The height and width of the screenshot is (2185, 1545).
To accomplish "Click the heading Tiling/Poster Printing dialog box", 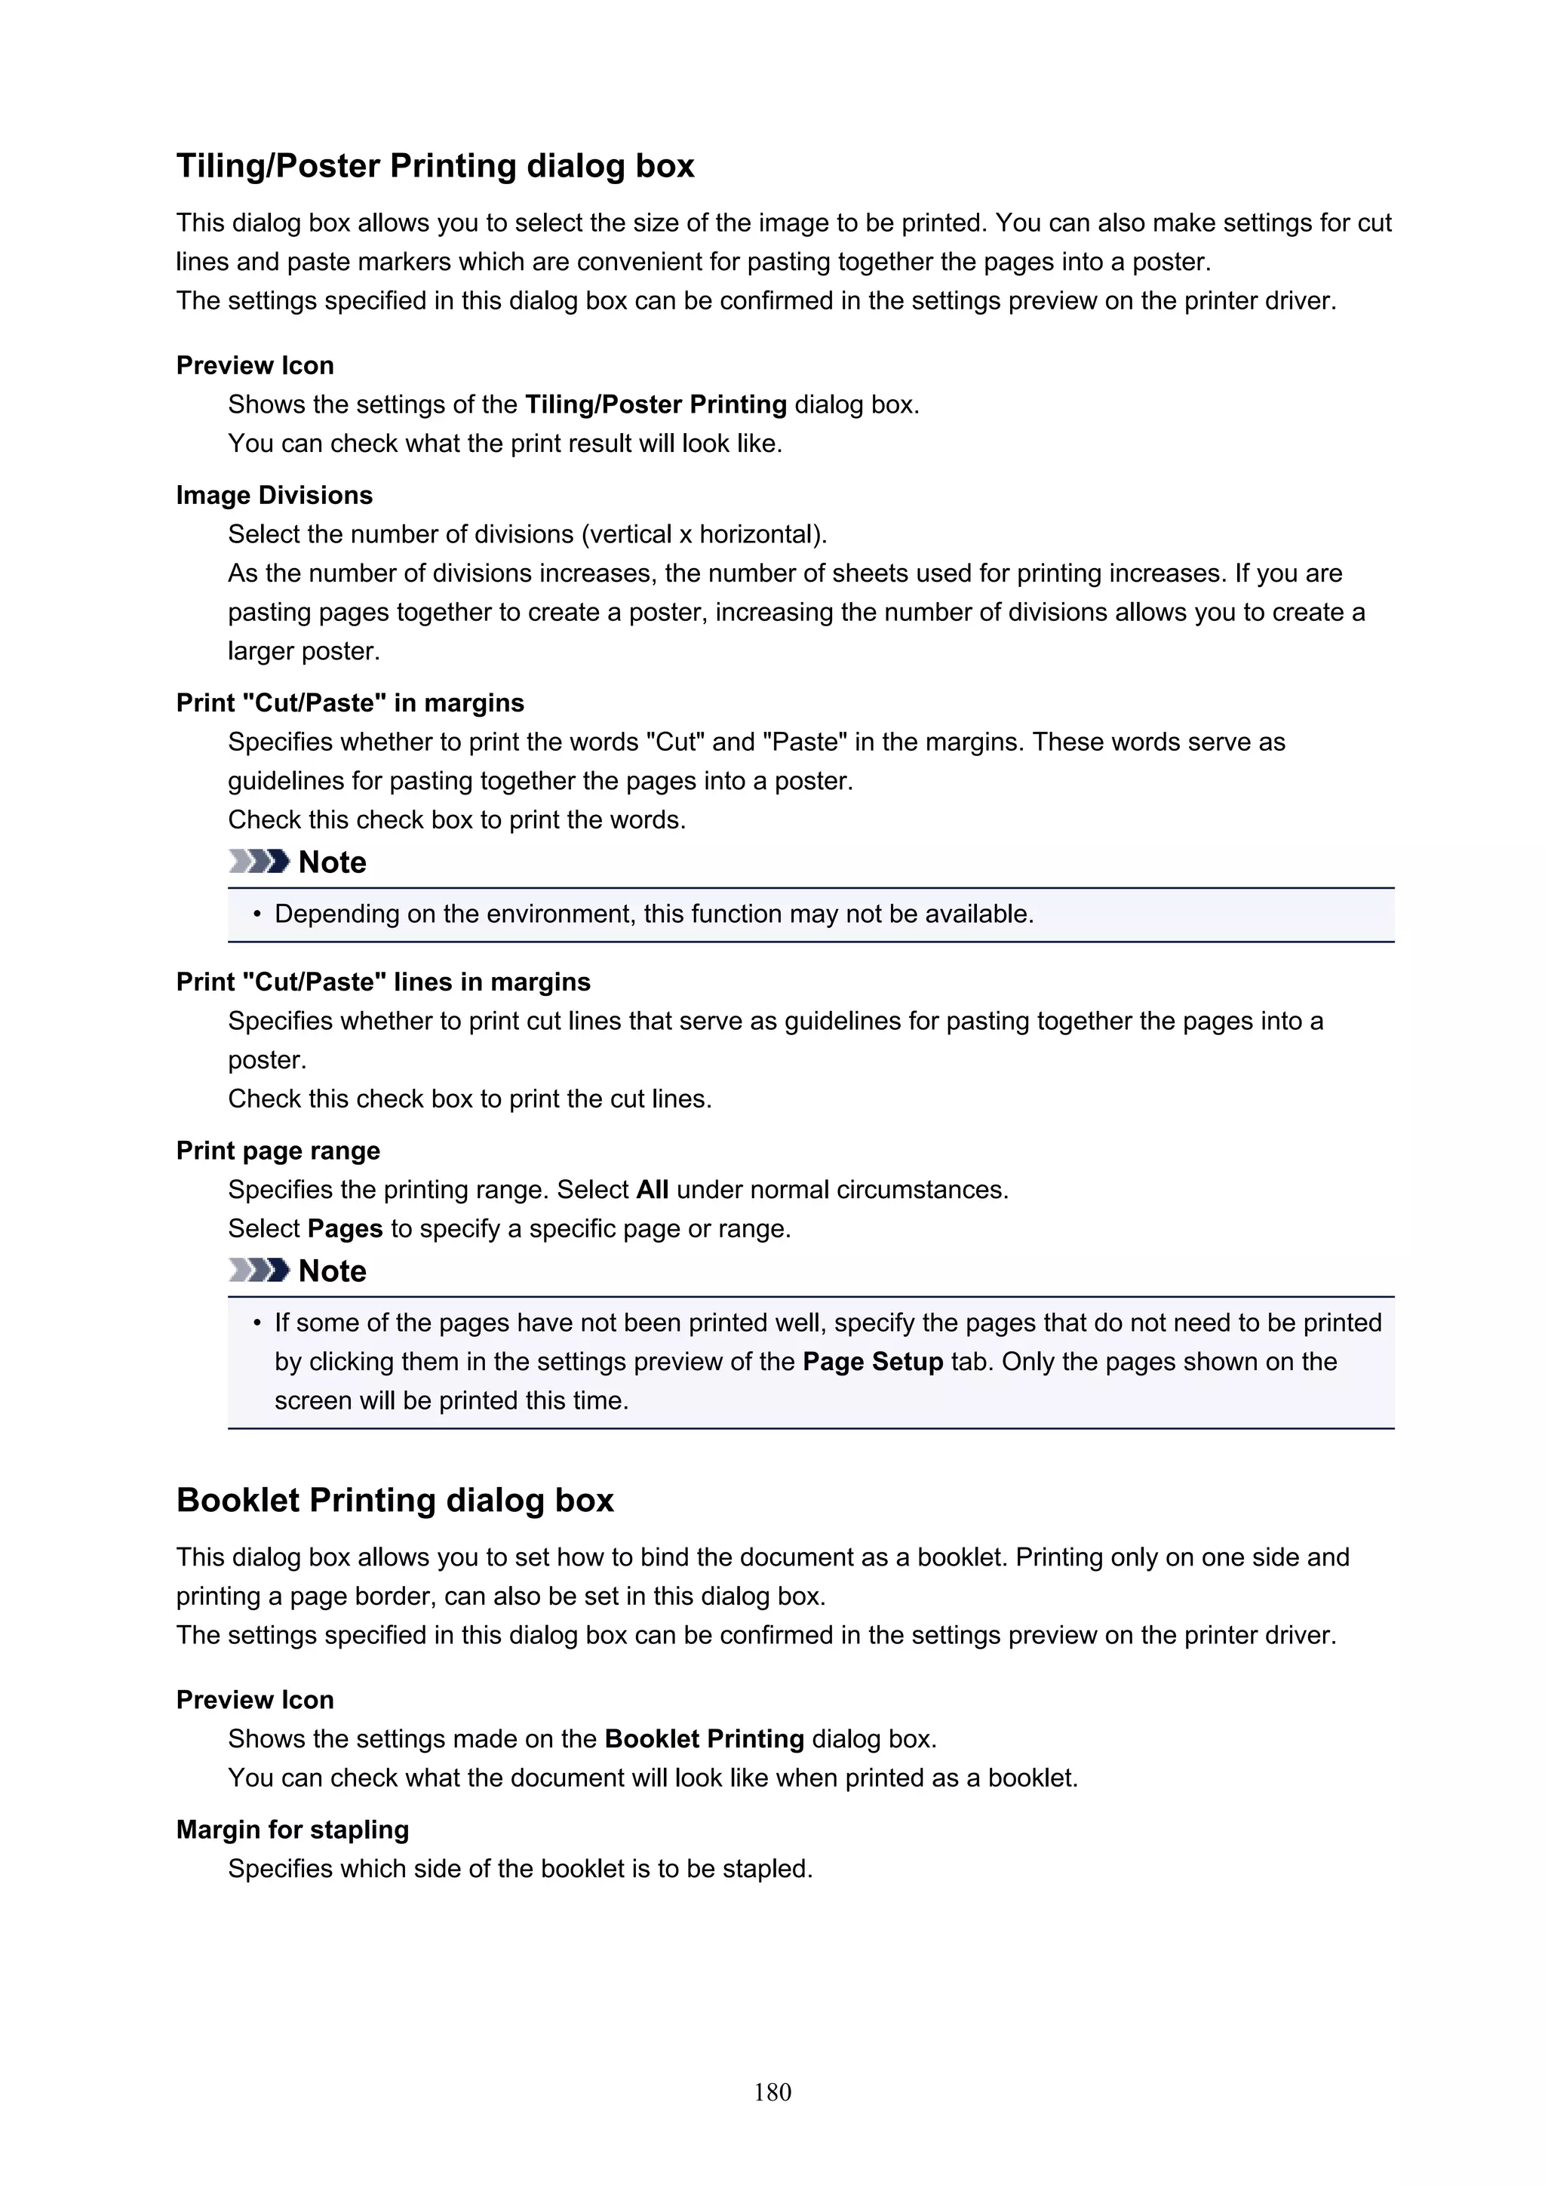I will coord(435,165).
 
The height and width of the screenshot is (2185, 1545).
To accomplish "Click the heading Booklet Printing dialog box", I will coord(395,1500).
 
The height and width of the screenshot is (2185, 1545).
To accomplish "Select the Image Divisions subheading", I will coord(274,495).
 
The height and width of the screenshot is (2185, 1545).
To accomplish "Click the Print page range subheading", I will coord(278,1151).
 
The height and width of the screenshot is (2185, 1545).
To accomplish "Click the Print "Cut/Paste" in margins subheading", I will coord(350,702).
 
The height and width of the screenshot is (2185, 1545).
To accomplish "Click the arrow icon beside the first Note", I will coord(259,861).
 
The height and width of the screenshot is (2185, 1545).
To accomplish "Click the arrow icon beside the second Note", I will coord(259,1270).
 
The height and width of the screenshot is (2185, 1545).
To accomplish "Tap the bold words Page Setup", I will coord(872,1362).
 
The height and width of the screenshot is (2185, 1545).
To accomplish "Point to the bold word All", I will coord(652,1190).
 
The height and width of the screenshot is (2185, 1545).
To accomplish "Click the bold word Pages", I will coord(345,1228).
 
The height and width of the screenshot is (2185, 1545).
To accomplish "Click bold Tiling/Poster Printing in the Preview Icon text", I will coord(656,404).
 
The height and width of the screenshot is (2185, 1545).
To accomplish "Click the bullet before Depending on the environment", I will coord(256,914).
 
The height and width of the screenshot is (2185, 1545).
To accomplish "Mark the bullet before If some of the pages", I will coord(256,1323).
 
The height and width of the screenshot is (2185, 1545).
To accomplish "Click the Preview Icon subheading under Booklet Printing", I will coord(255,1700).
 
